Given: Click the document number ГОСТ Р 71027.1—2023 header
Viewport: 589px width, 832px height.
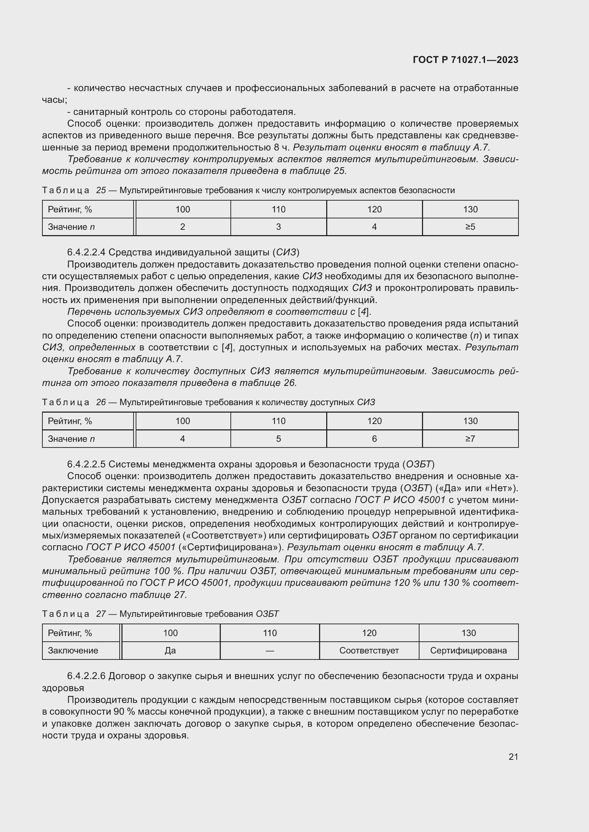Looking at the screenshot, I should (x=465, y=60).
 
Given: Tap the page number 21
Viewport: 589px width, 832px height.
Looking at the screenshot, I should (x=513, y=757).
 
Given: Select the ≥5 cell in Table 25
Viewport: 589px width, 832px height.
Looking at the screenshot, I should (x=470, y=227).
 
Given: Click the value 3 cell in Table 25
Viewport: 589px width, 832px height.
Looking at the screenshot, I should (x=278, y=227).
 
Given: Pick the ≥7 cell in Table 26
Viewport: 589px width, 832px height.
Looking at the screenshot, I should (x=470, y=439).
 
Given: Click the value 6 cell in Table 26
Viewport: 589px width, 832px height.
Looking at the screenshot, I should (x=374, y=439).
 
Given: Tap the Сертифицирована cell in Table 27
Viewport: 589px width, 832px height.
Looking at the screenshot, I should (x=468, y=651).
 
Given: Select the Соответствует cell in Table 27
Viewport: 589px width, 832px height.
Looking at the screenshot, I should (x=369, y=651).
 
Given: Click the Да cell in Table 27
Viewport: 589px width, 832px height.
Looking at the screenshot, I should (x=170, y=651).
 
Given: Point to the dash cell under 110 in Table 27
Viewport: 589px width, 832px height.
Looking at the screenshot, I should (x=270, y=651).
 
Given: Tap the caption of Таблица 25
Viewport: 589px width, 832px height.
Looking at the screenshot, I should (x=248, y=190).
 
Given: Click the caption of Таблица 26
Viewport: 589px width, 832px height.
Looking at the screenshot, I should (x=208, y=402).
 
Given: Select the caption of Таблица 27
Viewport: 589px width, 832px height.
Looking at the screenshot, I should (x=160, y=614).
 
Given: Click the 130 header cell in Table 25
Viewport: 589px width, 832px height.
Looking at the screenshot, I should (x=470, y=210).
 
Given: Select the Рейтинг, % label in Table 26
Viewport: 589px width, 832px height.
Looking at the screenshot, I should (x=70, y=421).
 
